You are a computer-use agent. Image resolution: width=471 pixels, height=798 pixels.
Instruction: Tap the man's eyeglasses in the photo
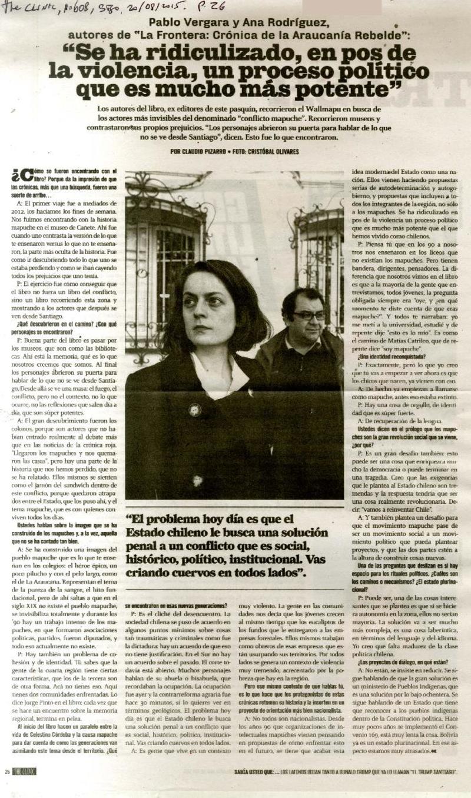(x=309, y=316)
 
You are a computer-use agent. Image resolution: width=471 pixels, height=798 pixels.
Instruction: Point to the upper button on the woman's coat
(x=194, y=410)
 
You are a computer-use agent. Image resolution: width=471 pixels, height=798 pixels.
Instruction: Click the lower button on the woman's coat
(x=198, y=480)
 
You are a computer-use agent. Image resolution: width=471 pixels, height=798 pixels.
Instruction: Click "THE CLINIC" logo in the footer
(x=25, y=772)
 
